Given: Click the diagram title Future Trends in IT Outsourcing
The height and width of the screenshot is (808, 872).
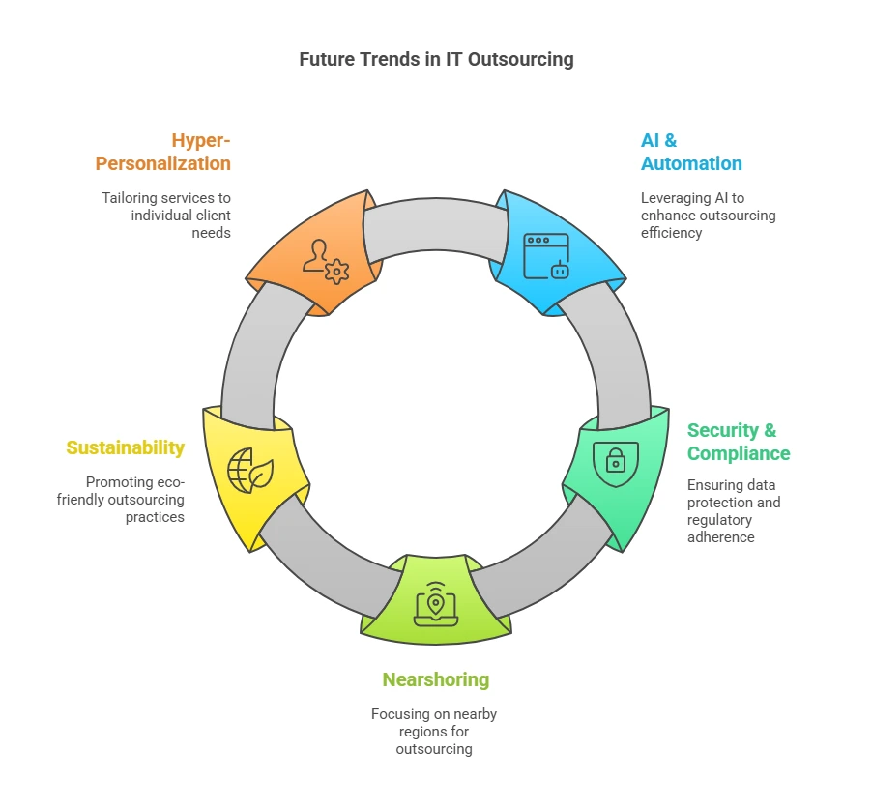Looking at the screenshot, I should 436,59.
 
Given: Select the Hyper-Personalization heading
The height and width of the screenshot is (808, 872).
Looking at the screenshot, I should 163,152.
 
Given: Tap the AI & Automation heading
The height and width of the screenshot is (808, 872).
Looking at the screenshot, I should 690,152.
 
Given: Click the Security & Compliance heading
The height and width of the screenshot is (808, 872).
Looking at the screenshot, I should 738,442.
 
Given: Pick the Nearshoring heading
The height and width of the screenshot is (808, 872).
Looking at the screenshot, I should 435,679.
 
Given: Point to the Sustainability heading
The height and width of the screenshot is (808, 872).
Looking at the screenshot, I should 125,447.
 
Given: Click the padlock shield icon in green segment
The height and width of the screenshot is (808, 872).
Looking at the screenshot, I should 615,461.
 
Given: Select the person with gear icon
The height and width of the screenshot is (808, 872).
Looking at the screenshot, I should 324,260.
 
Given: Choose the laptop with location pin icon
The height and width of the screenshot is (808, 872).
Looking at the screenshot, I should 435,602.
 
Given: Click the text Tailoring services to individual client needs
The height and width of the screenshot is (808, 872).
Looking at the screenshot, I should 166,215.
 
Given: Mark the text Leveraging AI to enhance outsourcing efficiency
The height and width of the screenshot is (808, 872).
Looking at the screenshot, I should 707,215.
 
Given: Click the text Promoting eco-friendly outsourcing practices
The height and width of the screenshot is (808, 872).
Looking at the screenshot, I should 134,499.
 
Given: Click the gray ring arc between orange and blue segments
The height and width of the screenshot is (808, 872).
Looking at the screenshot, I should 435,227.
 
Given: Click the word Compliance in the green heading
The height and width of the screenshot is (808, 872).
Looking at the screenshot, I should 738,453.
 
